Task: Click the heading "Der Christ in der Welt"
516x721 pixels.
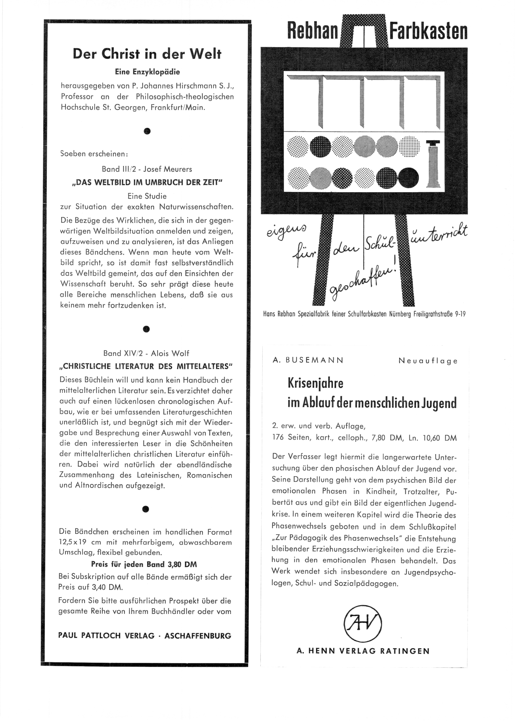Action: (147, 54)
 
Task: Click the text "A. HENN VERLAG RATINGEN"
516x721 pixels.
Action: (363, 651)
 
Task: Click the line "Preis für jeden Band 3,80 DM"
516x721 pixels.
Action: (144, 564)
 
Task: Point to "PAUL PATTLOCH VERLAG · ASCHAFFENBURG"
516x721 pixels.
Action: (145, 635)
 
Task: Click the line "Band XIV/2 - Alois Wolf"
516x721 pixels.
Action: (146, 353)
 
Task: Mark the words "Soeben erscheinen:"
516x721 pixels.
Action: (94, 154)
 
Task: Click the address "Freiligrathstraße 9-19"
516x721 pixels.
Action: (439, 314)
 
